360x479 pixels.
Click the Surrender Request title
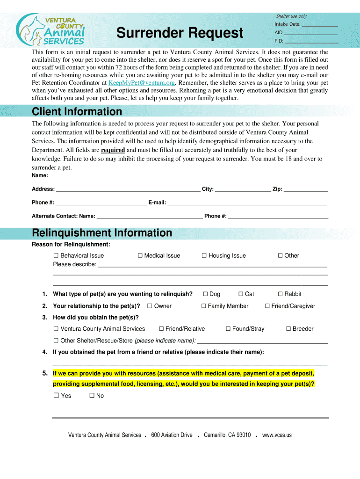(180, 33)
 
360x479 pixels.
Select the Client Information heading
(77, 112)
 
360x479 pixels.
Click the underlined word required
(113, 150)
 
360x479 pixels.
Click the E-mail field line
(247, 203)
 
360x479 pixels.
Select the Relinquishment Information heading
(101, 233)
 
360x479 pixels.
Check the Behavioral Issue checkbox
(56, 256)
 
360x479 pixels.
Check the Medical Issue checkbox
(140, 256)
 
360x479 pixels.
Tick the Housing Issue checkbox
(204, 256)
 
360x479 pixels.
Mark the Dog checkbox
(205, 294)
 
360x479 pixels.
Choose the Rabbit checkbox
(281, 294)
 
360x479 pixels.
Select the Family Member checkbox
(204, 306)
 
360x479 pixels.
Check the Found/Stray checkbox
(228, 329)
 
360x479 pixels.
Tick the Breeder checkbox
(288, 329)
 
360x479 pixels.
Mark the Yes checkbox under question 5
(56, 396)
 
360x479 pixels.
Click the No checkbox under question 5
(92, 396)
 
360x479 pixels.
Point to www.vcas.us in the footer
(277, 435)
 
